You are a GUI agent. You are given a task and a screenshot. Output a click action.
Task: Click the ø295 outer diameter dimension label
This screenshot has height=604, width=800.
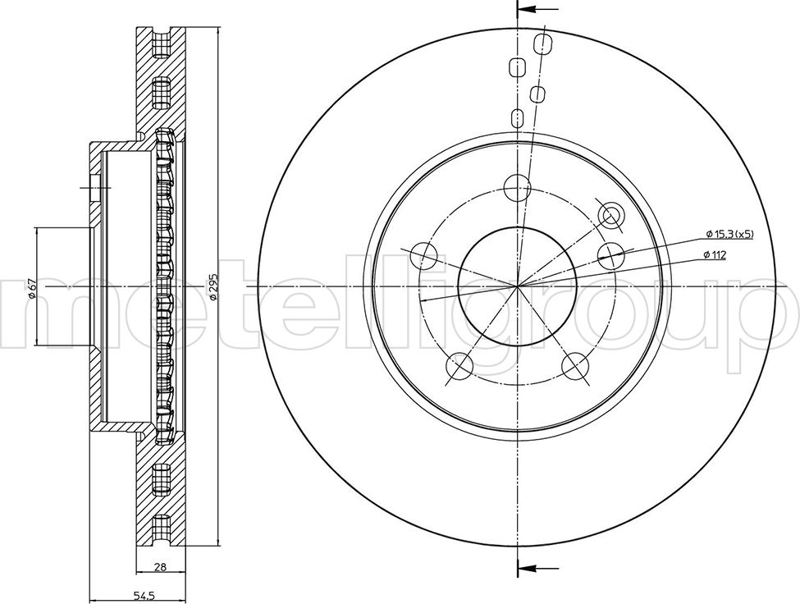pyautogui.click(x=214, y=286)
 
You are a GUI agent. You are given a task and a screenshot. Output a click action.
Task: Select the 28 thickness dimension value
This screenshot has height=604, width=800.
pyautogui.click(x=161, y=566)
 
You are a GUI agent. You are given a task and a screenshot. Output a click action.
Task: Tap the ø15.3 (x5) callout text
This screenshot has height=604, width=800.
pyautogui.click(x=730, y=234)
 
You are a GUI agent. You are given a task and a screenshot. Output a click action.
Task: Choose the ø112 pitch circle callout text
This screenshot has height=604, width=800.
pyautogui.click(x=715, y=254)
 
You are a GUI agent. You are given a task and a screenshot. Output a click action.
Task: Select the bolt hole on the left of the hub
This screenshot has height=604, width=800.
pyautogui.click(x=424, y=255)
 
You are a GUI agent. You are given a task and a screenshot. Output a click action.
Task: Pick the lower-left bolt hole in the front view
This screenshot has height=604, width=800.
pyautogui.click(x=459, y=365)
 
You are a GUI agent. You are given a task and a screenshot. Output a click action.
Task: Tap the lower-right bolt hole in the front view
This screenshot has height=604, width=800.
pyautogui.click(x=574, y=365)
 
